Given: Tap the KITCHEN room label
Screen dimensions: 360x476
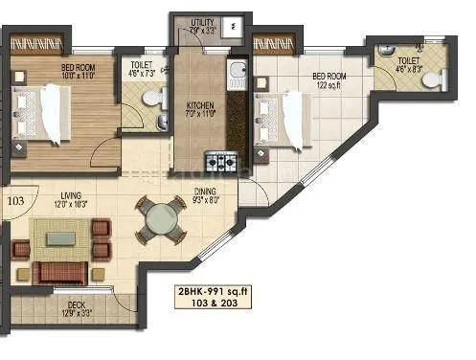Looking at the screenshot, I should [199, 106].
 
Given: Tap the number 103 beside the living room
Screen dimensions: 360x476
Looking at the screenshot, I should [15, 201].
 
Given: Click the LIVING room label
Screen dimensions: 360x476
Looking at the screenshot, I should [68, 196].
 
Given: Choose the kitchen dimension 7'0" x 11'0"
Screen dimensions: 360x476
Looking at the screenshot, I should [199, 115].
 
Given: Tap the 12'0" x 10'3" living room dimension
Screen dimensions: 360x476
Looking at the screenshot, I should [69, 205].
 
